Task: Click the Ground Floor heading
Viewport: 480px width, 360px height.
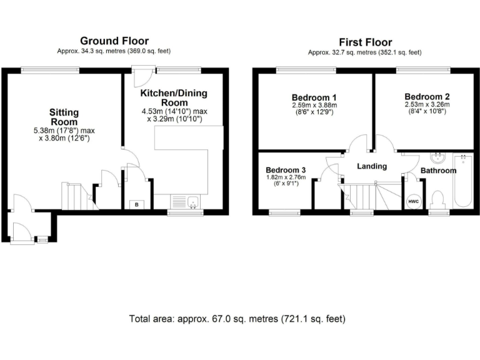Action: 114,41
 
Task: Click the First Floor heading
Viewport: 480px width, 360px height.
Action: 365,42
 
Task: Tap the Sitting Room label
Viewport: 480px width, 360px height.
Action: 64,117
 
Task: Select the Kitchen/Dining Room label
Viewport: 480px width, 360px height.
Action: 174,97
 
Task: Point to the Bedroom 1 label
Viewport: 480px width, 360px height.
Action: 314,97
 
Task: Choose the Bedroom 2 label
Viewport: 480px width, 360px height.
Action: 427,97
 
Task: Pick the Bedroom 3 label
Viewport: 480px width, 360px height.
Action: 286,170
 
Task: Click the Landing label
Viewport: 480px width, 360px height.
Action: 372,166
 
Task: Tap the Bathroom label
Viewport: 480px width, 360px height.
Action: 438,171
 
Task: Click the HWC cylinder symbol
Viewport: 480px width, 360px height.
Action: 413,202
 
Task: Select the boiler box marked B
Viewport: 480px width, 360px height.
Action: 136,204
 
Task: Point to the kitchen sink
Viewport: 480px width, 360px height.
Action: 185,202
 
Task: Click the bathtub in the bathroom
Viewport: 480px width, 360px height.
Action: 462,181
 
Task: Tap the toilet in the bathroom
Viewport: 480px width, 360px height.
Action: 437,200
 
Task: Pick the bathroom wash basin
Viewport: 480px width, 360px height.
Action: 437,157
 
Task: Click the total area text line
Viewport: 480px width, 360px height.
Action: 237,319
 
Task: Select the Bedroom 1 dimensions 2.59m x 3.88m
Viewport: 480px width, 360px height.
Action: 314,105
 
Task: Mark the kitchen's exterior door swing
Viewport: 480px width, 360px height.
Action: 142,76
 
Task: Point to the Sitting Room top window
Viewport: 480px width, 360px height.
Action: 50,70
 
